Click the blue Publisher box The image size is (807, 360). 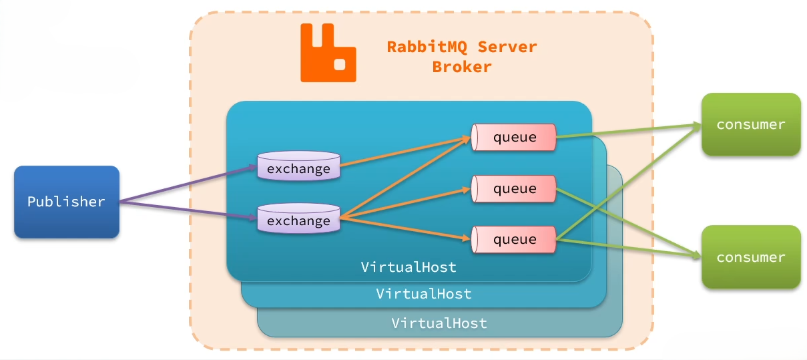[x=66, y=202]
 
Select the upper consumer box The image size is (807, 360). [x=750, y=125]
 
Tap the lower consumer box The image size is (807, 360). [x=750, y=257]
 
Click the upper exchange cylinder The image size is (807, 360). [x=298, y=167]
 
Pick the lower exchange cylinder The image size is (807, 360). [x=298, y=218]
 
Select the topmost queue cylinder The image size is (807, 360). [x=514, y=138]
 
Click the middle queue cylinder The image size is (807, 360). [x=514, y=189]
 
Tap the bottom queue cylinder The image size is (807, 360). [x=514, y=239]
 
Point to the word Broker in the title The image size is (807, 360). [x=462, y=67]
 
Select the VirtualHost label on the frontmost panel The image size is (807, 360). [x=409, y=267]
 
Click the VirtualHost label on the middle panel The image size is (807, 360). [x=424, y=294]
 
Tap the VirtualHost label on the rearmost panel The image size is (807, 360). [x=439, y=324]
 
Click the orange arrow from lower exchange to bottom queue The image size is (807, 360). [x=404, y=228]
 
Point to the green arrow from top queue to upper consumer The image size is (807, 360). [x=627, y=131]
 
